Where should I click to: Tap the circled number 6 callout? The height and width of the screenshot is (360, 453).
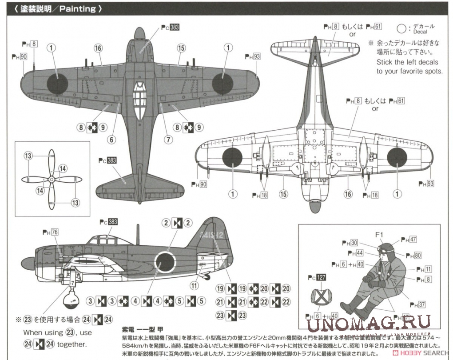tap(111, 140)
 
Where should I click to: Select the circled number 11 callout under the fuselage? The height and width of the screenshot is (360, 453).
tap(194, 285)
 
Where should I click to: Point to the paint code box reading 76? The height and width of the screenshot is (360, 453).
tap(55, 232)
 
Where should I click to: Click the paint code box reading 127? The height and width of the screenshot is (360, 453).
tap(321, 278)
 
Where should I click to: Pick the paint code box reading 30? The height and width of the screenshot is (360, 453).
tap(354, 243)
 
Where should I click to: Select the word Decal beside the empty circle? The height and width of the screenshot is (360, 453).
tap(420, 32)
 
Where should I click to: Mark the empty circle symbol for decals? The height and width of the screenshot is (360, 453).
tap(401, 29)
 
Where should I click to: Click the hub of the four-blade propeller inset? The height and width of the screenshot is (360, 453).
tap(51, 179)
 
